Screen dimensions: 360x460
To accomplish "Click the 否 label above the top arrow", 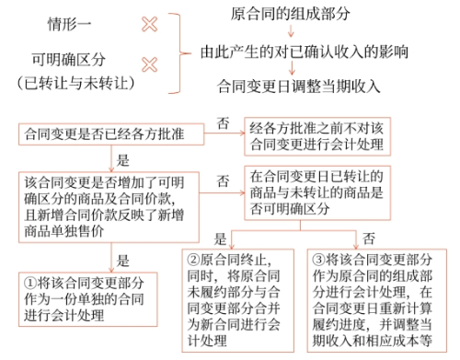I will tap(221, 123).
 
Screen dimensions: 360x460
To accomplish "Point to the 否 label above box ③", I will tap(368, 237).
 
